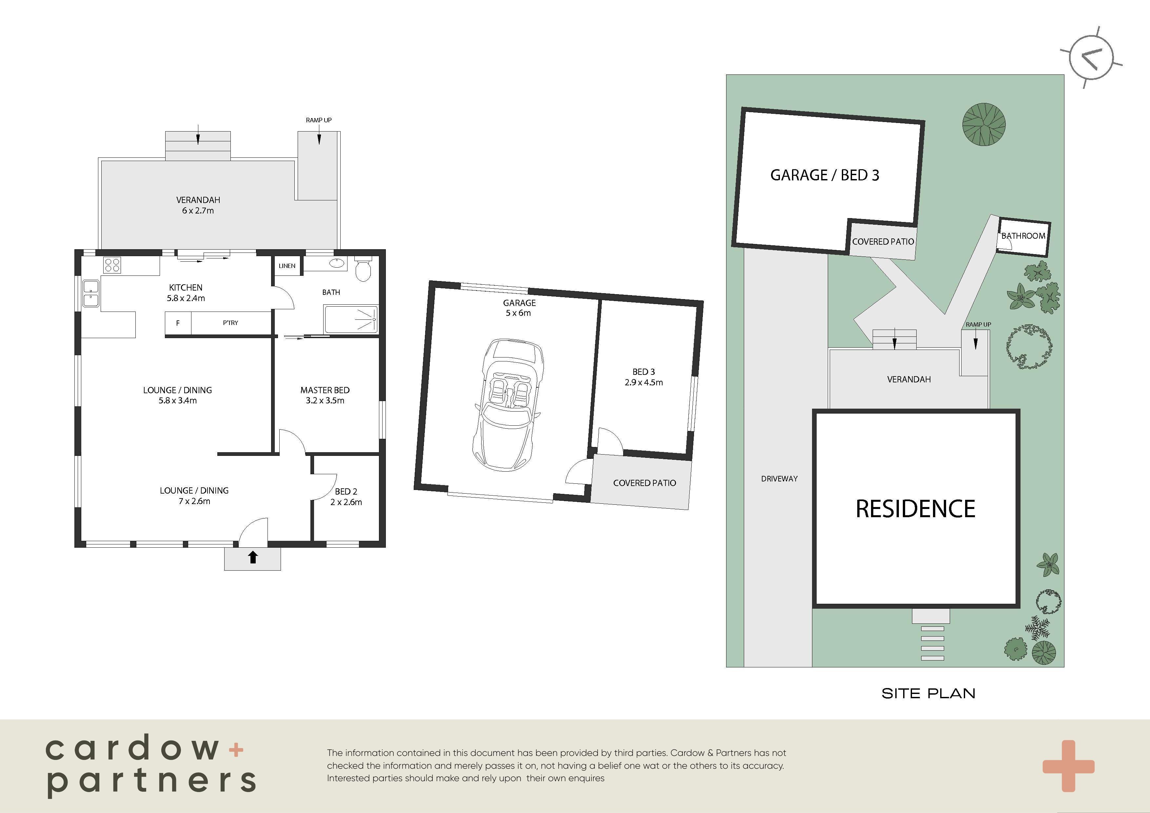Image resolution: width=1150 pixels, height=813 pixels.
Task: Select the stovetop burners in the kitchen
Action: coord(112,264)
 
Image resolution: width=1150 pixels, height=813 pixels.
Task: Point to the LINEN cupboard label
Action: coord(287,266)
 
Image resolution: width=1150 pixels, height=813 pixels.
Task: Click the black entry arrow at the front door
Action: coord(253,557)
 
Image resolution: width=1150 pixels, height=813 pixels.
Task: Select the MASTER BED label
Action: coord(325,390)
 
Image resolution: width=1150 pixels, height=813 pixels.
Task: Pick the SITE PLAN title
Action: coord(929,693)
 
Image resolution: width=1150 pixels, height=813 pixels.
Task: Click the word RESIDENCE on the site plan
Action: coord(916,509)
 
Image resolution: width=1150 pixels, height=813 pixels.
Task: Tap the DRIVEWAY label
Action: coord(779,479)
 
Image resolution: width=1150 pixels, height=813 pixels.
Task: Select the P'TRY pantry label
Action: coord(230,323)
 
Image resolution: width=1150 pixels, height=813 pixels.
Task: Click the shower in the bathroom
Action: coord(351,319)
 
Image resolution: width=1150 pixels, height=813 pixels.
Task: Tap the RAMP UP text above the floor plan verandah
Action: coord(319,120)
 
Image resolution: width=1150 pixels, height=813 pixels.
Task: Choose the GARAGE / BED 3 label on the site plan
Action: coord(825,175)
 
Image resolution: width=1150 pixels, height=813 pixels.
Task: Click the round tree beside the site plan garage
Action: coord(984,124)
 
